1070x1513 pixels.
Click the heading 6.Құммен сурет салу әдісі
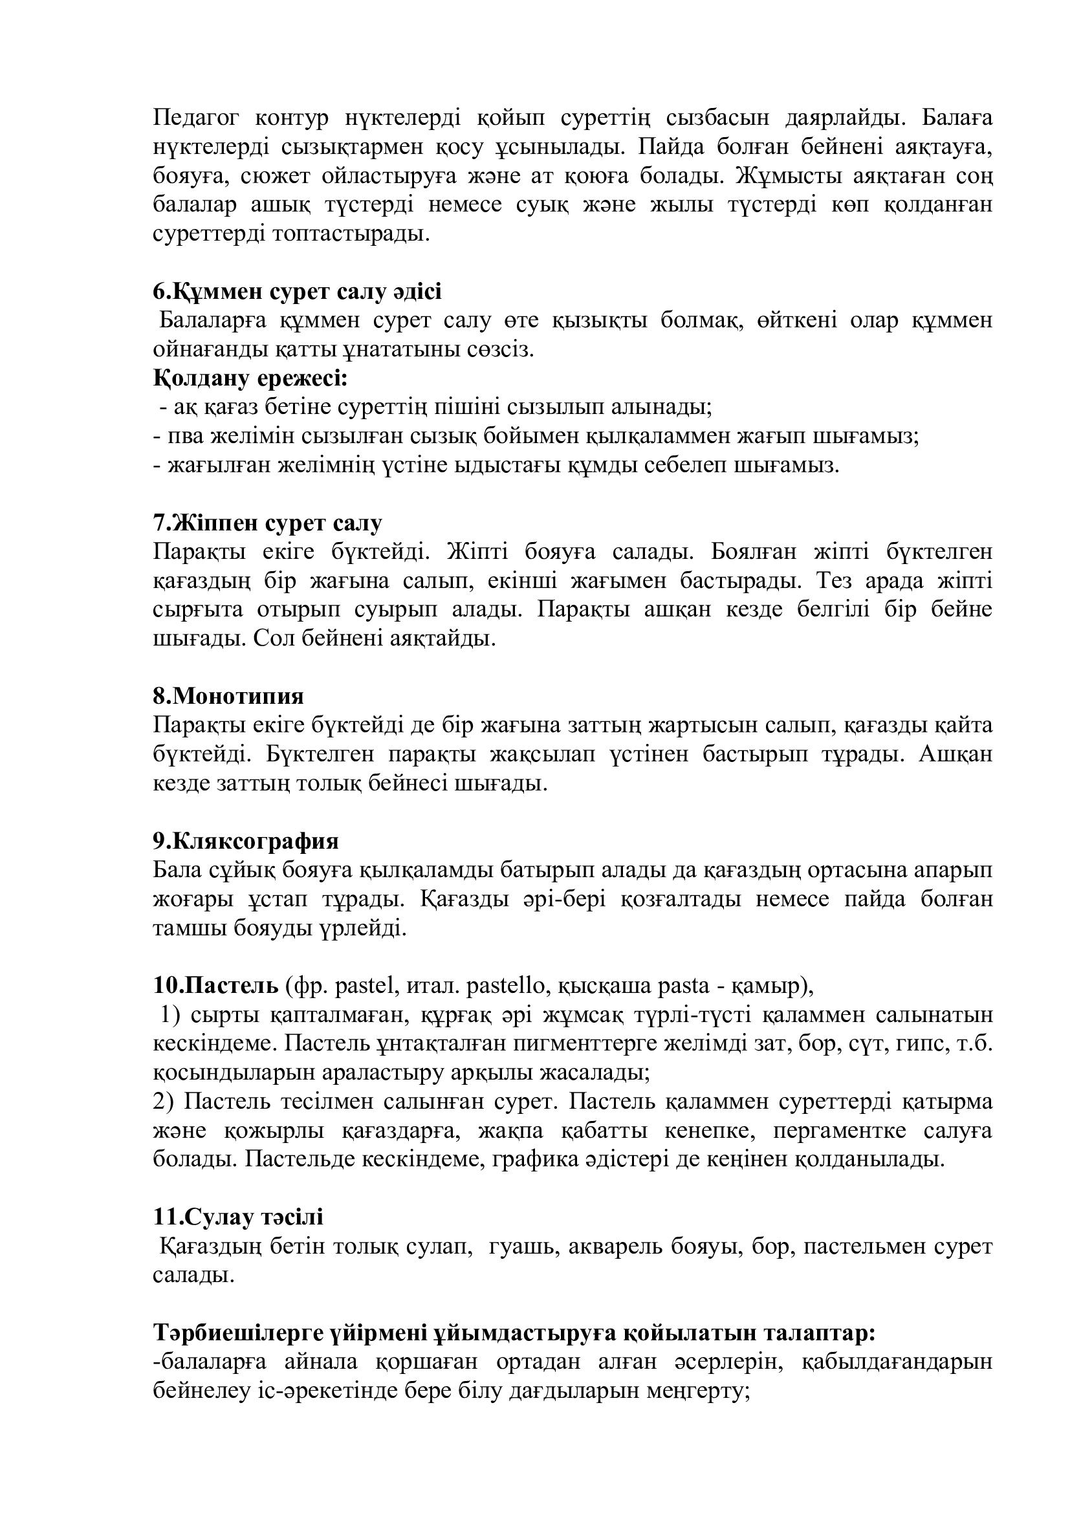tap(297, 291)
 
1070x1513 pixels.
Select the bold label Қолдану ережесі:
tap(250, 378)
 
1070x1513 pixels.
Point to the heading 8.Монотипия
tap(228, 696)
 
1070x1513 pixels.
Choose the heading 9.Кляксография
tap(246, 841)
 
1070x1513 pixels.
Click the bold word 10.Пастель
tap(216, 986)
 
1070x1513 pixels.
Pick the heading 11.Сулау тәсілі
tap(239, 1217)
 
